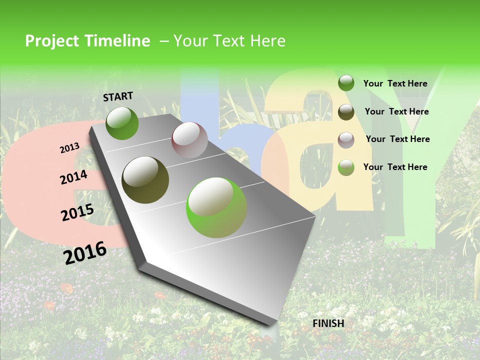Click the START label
[118, 96]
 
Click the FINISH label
[328, 323]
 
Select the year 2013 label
[70, 148]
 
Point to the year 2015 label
[77, 212]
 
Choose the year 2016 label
[85, 252]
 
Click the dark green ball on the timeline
[122, 123]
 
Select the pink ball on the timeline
[189, 140]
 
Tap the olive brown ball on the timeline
[145, 180]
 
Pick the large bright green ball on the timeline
[216, 207]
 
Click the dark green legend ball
[346, 83]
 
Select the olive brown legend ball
[346, 112]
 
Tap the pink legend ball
[346, 139]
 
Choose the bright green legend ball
[346, 167]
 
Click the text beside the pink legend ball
[397, 139]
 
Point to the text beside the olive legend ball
[396, 111]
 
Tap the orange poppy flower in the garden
[66, 288]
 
